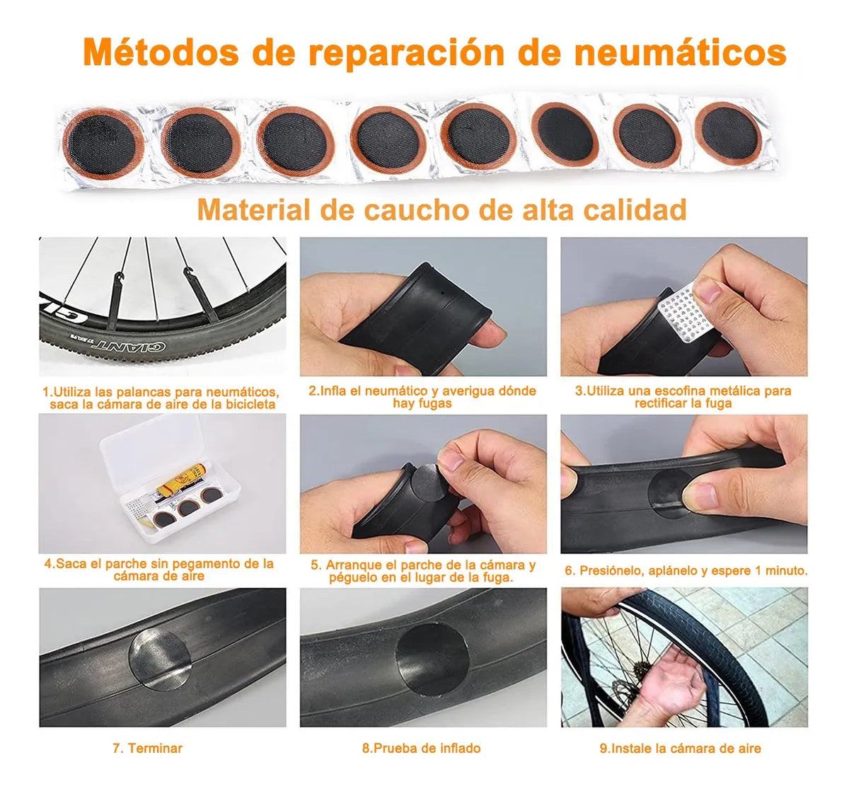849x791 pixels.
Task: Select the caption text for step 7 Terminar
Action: (147, 748)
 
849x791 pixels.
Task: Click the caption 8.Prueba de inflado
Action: (422, 748)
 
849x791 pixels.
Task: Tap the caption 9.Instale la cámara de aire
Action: (680, 748)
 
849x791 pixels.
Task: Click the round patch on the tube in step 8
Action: (432, 659)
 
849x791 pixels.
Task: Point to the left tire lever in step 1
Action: (114, 301)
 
